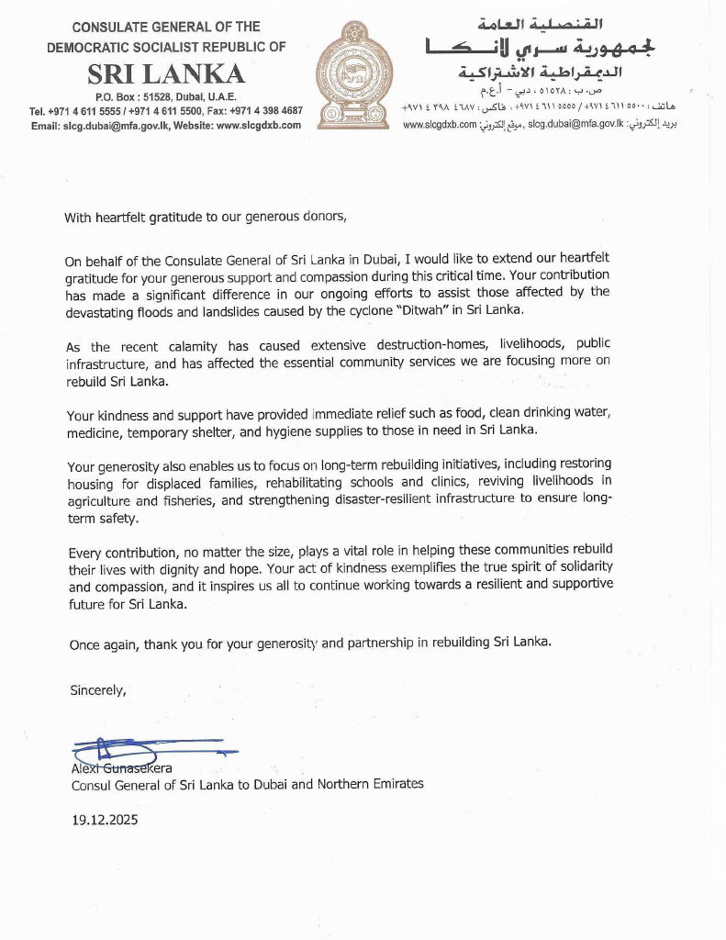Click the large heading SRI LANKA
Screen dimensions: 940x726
[166, 73]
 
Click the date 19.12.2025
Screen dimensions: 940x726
[105, 821]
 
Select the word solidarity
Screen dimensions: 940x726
[576, 568]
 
